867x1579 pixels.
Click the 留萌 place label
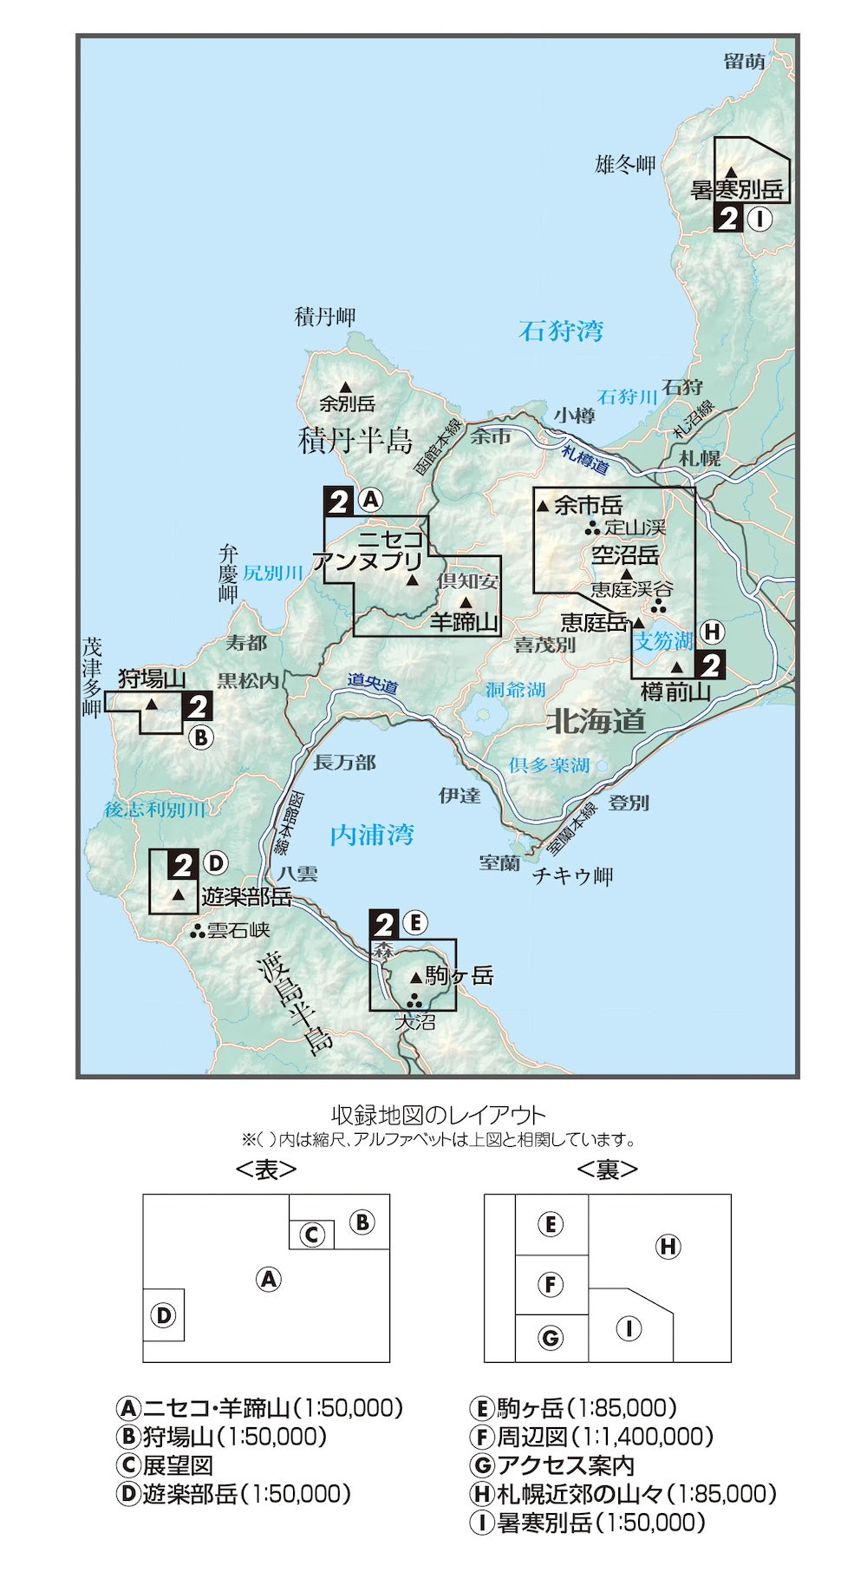[x=745, y=61]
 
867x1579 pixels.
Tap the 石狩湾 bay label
[x=561, y=331]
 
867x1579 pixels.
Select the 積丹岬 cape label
[x=325, y=317]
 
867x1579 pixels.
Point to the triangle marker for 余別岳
[x=345, y=387]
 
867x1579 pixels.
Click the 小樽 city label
[x=575, y=416]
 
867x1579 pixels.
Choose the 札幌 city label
[x=700, y=457]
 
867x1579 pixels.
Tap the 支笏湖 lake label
[x=663, y=641]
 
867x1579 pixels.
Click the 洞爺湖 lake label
[x=515, y=690]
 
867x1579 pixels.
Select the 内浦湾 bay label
[x=372, y=835]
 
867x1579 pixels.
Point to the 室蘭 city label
[x=499, y=862]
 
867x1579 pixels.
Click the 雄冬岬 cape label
[x=625, y=164]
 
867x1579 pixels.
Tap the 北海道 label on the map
[x=596, y=721]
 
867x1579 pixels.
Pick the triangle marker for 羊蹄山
[x=466, y=602]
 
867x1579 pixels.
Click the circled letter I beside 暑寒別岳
[x=759, y=219]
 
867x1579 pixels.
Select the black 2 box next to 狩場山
[x=199, y=707]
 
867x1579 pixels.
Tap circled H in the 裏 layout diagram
[x=668, y=1247]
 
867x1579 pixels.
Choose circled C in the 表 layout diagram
[x=312, y=1235]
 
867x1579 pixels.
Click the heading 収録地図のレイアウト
[x=439, y=1115]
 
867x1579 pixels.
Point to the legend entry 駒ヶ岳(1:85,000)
[x=573, y=1408]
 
